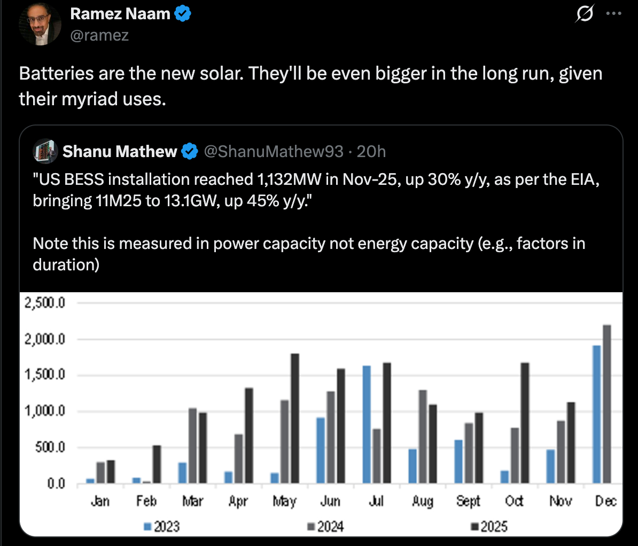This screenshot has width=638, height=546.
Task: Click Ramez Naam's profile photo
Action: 40,24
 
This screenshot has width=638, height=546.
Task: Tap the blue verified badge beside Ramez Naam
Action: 183,14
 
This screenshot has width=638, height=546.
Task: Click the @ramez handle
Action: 99,35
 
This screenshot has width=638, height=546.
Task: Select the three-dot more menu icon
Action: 614,14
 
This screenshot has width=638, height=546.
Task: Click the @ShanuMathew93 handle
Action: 274,152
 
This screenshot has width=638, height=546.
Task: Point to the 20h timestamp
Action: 371,152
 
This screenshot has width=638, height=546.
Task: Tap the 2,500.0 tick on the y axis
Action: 45,303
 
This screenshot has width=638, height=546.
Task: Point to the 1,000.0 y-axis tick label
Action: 45,411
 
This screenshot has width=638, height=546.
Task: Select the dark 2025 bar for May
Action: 295,418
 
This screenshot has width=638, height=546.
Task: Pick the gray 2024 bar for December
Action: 606,404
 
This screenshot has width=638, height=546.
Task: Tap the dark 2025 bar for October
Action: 525,423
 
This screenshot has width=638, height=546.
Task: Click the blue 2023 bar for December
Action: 596,415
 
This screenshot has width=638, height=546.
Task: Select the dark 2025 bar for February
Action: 157,464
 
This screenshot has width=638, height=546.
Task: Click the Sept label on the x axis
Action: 469,501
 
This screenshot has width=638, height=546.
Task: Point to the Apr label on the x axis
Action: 238,501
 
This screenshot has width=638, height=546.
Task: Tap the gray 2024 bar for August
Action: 423,436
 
